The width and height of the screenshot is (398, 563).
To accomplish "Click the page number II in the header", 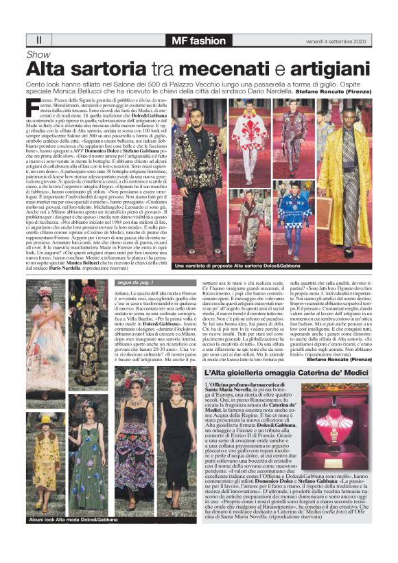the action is tap(38, 41).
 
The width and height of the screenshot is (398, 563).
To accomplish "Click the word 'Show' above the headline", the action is tap(38, 54).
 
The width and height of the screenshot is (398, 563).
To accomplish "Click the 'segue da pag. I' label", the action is tap(134, 282).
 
